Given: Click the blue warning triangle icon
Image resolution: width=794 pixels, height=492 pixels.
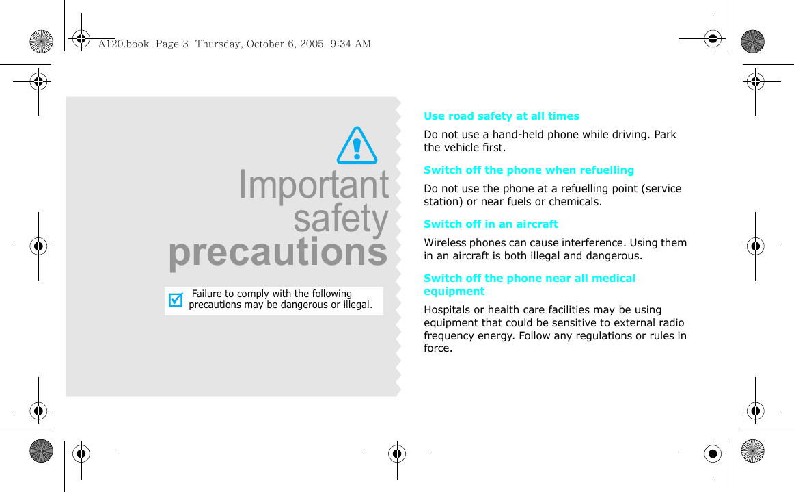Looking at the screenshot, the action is pos(357,145).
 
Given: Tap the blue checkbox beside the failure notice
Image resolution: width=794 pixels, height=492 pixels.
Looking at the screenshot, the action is pos(176,300).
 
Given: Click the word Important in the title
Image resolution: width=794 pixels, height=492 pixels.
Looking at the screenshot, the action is pos(314,185).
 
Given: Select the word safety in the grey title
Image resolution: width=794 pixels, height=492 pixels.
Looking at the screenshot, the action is pos(341,219).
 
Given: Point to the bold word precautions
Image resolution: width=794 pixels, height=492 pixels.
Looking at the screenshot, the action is pos(278,253).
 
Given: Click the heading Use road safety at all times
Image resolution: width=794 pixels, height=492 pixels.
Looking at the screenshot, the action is pos(502,116).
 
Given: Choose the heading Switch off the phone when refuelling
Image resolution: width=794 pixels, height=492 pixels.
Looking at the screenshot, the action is pos(529,170).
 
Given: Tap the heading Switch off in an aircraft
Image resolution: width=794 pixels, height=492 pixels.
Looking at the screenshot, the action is pos(491,224).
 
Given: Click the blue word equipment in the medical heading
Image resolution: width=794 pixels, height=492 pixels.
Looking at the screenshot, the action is pos(454,292).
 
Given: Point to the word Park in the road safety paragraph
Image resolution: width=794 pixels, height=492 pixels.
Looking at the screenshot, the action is pos(665,134).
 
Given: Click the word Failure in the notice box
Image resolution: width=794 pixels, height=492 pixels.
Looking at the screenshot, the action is pos(206,294).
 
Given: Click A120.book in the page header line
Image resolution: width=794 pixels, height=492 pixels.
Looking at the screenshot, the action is pos(124,44).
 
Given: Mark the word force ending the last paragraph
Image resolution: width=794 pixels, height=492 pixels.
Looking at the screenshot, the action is pos(438,348).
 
